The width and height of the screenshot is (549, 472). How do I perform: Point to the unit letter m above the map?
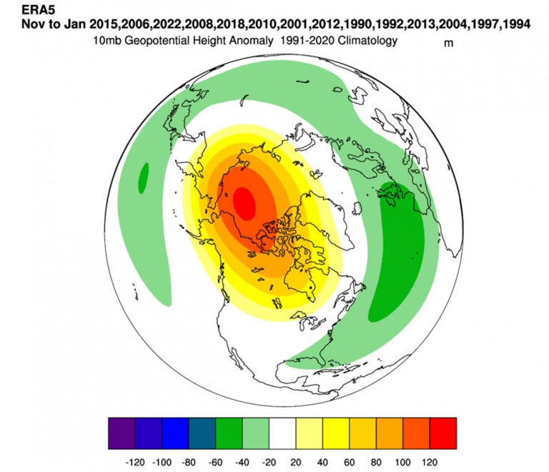449,42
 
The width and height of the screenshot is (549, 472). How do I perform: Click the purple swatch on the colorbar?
122,432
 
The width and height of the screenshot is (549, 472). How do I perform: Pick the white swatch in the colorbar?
282,432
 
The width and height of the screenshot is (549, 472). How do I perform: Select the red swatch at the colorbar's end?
442,432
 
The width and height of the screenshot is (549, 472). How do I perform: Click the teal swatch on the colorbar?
202,432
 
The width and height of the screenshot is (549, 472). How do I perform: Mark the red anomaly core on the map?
244,201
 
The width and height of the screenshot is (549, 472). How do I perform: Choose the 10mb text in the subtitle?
106,41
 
